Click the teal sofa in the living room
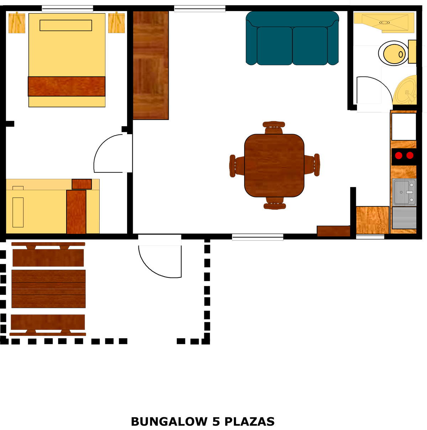tap(292, 38)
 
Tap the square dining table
tap(274, 165)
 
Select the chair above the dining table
tap(274, 127)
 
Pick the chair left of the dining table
tap(237, 166)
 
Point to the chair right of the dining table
tap(312, 165)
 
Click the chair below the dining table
tap(275, 203)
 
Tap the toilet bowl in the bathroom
tap(394, 54)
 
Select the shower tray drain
tap(385, 22)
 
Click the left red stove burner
tap(399, 155)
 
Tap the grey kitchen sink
tap(404, 192)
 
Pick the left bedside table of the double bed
tap(17, 23)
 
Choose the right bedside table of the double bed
tap(116, 23)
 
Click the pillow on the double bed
tap(66, 26)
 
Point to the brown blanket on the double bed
tap(67, 86)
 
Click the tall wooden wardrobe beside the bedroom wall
tap(151, 65)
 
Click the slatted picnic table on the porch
tap(48, 289)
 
